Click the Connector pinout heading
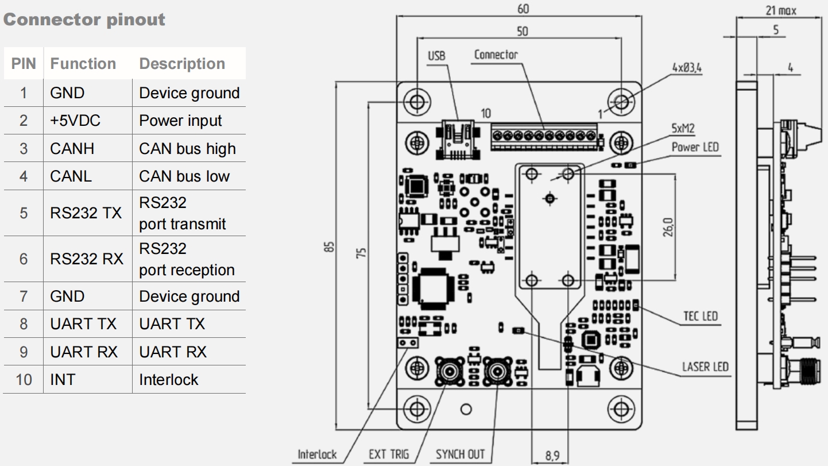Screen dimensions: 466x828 84,20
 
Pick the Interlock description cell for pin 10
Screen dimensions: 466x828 168,379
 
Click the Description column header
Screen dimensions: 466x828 182,64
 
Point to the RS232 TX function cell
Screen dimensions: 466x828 86,213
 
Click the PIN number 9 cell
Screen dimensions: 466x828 23,352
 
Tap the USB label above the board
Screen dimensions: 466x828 436,56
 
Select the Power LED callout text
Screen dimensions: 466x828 695,147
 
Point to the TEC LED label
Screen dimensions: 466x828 700,316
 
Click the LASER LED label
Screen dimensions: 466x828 705,367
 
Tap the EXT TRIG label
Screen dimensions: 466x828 389,455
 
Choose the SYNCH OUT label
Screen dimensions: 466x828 460,455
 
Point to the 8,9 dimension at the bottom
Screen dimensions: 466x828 550,457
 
